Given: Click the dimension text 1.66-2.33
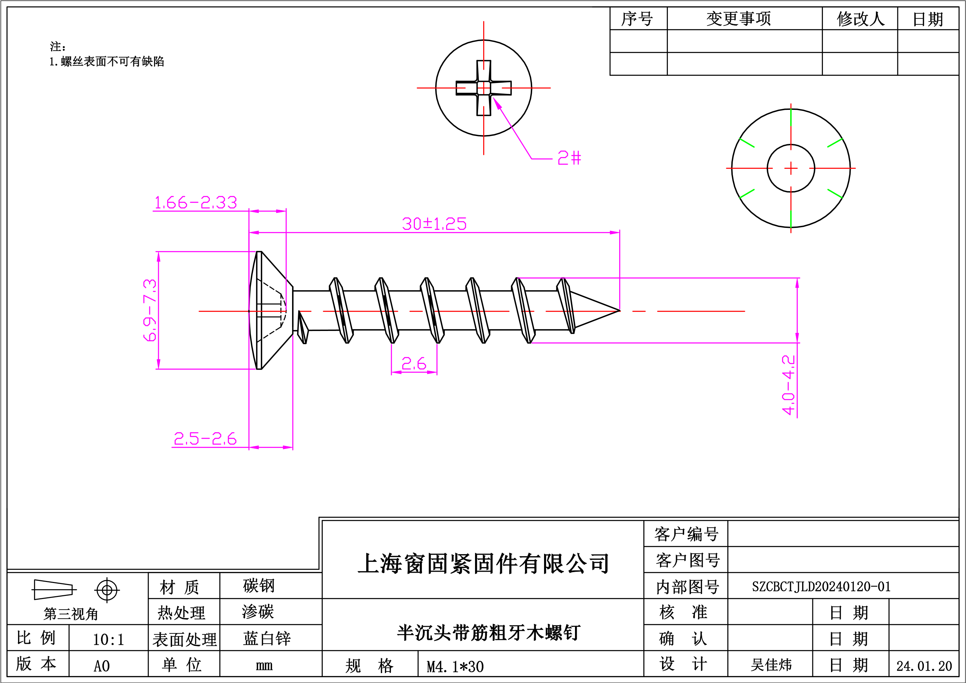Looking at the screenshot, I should pos(196,203).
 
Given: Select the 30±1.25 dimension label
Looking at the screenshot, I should pos(434,224).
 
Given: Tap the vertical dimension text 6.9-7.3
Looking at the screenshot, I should pos(150,310).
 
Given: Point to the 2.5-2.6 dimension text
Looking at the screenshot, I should pos(205,439).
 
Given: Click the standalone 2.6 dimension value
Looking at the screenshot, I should pos(414,363).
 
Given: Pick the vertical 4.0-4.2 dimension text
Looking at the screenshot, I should pos(789,385).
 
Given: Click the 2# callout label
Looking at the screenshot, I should pos(569,158).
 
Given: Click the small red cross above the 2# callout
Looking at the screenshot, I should pos(484,88).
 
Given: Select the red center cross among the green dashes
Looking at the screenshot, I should pos(791,168).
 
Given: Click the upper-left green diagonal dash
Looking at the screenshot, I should pos(747,143).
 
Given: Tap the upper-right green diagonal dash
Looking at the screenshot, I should pos(835,143).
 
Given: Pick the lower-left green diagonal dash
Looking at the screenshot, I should pos(747,194).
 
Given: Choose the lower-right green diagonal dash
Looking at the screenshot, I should pos(835,194).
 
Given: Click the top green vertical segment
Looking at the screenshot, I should pos(791,117).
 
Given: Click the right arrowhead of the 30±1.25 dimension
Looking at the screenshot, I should pos(615,232).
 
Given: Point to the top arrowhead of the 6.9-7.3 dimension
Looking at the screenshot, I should pos(158,257).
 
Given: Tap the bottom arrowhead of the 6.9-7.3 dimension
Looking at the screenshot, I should pos(158,364).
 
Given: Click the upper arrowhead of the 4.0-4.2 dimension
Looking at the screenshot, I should pos(797,283).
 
